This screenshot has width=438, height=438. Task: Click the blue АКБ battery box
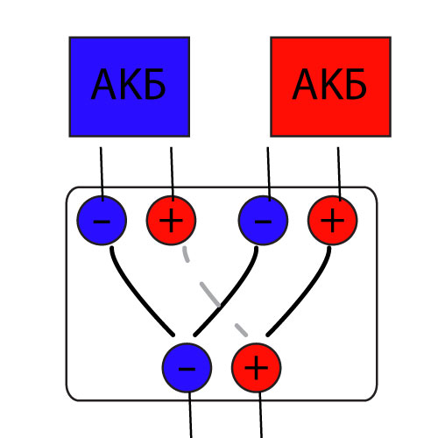tap(130, 87)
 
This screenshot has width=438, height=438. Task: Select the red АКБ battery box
tap(330, 87)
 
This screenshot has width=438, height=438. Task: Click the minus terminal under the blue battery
tap(102, 221)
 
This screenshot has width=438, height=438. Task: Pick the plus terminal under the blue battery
tap(171, 221)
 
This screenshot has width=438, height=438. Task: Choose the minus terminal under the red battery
tap(263, 221)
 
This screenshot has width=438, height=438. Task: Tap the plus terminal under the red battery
tap(332, 221)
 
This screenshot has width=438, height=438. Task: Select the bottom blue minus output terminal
tap(187, 368)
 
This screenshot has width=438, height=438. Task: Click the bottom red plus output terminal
tap(256, 368)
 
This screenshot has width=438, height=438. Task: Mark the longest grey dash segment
tap(210, 294)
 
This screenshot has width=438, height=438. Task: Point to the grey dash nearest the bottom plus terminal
tap(241, 330)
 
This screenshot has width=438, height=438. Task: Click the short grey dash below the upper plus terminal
tap(186, 254)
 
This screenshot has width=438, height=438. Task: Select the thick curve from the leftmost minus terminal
tap(138, 295)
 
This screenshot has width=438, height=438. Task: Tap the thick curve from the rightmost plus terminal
tap(305, 295)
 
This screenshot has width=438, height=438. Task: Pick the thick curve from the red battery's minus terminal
tap(230, 295)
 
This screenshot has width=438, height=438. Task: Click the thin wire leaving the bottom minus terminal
tap(190, 414)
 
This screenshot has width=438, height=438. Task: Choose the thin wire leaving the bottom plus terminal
tap(260, 414)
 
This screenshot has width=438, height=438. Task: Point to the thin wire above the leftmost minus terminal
tap(102, 173)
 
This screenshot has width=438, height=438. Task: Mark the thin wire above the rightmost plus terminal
tap(339, 173)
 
